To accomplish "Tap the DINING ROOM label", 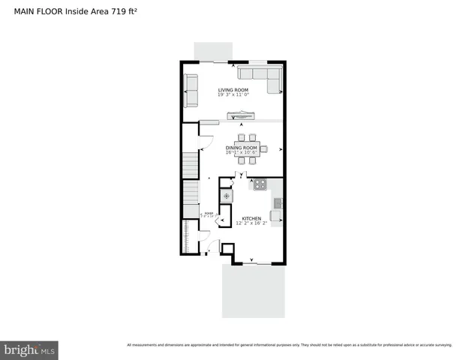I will coord(242,148).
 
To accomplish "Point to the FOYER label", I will coord(209,214).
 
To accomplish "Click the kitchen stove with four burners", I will coord(260,184).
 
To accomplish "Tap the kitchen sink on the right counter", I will coord(277,202).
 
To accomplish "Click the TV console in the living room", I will coord(242,115).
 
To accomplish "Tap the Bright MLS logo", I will coord(29,349).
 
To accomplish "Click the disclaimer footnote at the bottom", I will coord(289,345).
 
